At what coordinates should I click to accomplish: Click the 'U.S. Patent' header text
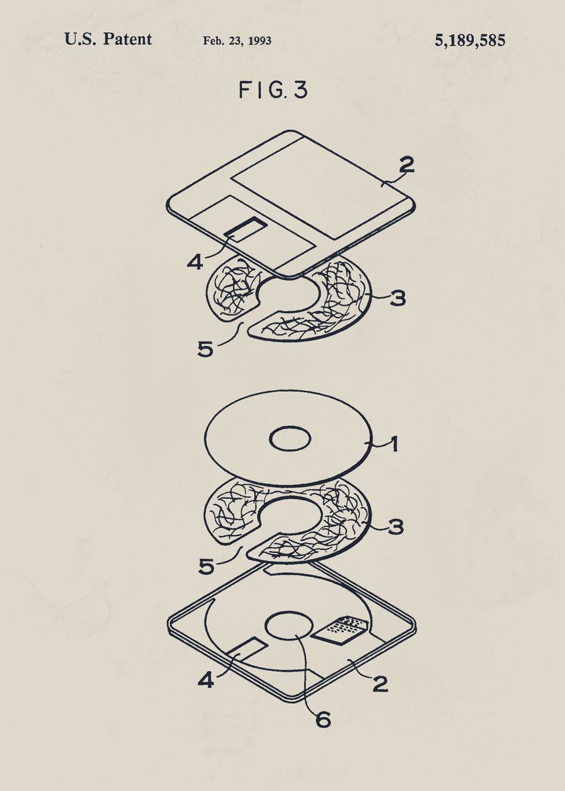click(x=108, y=40)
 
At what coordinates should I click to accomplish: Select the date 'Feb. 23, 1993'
click(x=237, y=41)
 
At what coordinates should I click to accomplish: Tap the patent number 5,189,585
click(x=469, y=41)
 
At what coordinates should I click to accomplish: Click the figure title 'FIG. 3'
click(x=273, y=90)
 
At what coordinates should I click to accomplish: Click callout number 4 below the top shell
click(x=194, y=262)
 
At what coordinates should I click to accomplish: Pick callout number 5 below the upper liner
click(x=206, y=348)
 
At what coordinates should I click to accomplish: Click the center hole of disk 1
click(x=291, y=439)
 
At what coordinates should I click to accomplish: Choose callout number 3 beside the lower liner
click(x=396, y=527)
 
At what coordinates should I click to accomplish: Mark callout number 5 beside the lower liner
click(x=207, y=566)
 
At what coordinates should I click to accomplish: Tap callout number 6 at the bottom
click(x=322, y=719)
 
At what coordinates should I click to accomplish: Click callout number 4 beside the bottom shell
click(x=206, y=679)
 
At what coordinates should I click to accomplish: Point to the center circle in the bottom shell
click(x=290, y=626)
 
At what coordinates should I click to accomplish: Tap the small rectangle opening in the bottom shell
click(x=248, y=649)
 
